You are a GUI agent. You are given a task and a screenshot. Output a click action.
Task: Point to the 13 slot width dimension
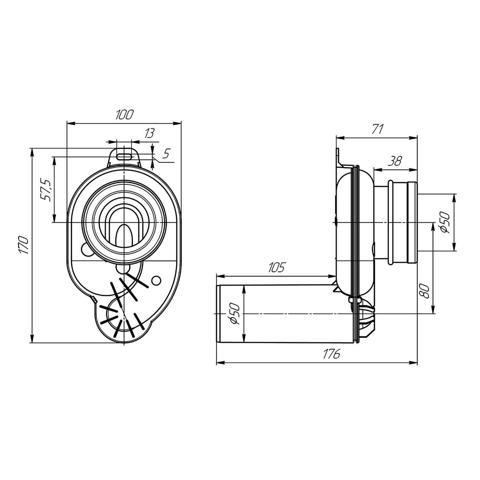tap(149, 133)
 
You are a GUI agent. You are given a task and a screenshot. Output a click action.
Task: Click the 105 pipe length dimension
tap(276, 267)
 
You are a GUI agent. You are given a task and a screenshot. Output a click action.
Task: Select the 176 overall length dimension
tap(331, 354)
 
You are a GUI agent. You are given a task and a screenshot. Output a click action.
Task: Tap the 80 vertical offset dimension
tap(425, 291)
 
